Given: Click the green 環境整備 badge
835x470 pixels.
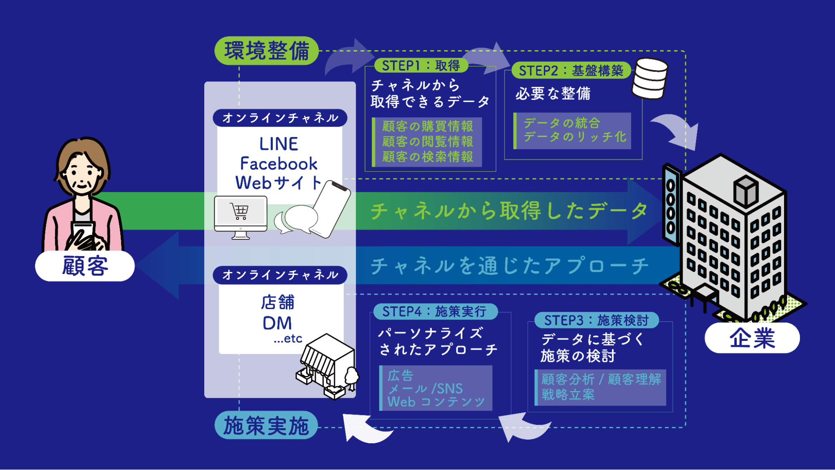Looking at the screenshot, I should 266,51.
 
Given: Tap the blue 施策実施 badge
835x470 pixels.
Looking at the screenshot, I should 266,426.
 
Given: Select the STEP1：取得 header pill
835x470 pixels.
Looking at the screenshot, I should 420,66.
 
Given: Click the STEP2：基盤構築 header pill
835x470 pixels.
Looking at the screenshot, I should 571,71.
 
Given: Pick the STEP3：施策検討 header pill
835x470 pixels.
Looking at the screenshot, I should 596,320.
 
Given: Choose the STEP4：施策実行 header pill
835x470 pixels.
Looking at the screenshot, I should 434,311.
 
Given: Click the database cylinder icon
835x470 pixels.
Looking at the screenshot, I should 650,79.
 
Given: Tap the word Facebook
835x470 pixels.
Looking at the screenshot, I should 279,164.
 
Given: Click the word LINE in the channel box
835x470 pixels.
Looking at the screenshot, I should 279,144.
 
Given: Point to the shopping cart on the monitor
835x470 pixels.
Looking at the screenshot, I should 240,211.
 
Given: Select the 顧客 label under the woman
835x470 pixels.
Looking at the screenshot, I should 85,266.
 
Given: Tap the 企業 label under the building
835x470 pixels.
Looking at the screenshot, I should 752,338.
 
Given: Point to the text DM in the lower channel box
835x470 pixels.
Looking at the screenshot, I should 277,323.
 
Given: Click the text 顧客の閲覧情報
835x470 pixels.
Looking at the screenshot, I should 427,142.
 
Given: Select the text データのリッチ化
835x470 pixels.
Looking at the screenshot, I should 575,137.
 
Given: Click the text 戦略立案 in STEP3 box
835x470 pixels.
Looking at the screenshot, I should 568,394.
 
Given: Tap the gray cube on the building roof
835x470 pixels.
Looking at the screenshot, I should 746,191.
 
